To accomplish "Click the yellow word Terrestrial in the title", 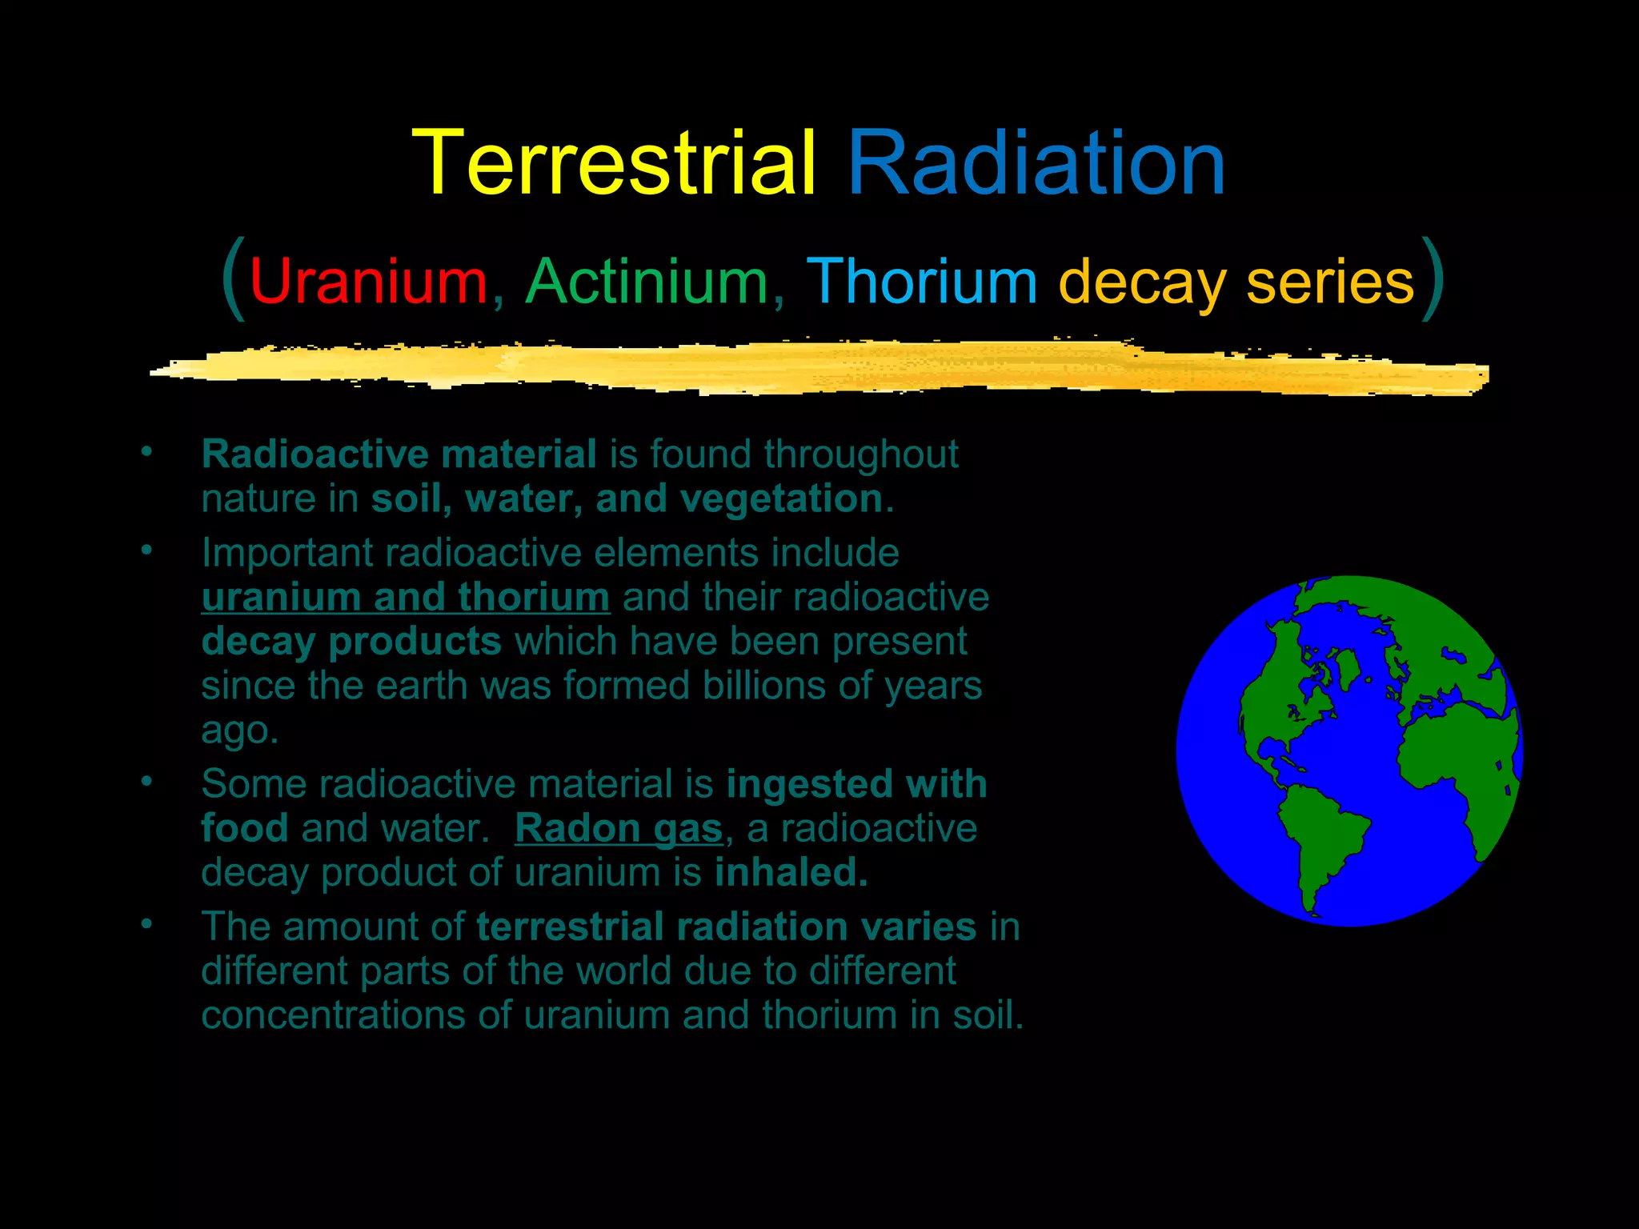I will click(x=614, y=164).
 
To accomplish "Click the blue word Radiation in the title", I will click(x=1036, y=164).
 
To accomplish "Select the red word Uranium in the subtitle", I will click(x=369, y=282).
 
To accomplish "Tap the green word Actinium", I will click(x=647, y=282).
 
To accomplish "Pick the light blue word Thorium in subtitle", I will click(x=921, y=282).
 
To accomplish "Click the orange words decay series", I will click(x=1236, y=282).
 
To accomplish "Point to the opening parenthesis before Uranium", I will click(x=233, y=278).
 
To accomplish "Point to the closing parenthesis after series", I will click(x=1433, y=278).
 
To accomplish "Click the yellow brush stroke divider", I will click(x=816, y=368).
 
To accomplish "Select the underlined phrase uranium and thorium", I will click(x=405, y=598).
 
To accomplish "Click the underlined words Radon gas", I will click(x=618, y=828).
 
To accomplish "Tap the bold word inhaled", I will click(x=791, y=872).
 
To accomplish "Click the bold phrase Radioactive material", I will click(x=399, y=454).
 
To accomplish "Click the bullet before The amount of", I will click(x=146, y=923).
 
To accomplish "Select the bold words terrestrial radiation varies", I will click(x=726, y=927).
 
